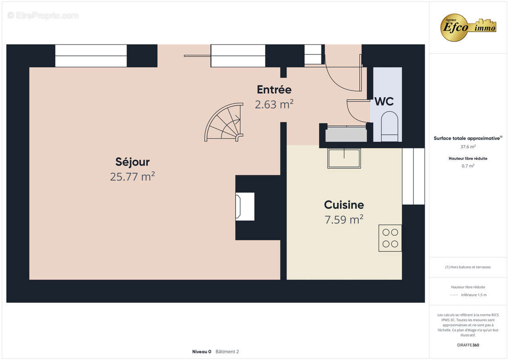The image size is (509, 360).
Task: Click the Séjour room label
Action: [x=132, y=162]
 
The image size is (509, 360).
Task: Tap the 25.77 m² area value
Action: [x=132, y=176]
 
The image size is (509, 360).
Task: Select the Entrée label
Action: [x=274, y=90]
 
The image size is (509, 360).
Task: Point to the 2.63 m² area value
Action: [x=274, y=104]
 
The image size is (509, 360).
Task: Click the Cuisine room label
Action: [x=344, y=205]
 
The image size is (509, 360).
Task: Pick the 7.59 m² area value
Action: [x=344, y=220]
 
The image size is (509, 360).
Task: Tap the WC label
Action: [x=384, y=102]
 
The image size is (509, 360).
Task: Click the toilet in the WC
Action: [x=389, y=126]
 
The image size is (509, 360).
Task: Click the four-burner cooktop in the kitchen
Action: [x=390, y=238]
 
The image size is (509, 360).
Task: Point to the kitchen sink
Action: [x=344, y=158]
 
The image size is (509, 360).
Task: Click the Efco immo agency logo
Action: [x=468, y=27]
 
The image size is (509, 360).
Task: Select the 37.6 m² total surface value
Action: [x=468, y=147]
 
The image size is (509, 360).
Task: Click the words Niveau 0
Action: [x=202, y=351]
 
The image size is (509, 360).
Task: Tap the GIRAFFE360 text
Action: [x=468, y=345]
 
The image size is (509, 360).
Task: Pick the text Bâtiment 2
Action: [x=227, y=351]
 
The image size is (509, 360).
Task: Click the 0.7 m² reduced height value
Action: [x=468, y=166]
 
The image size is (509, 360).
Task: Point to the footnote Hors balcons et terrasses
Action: [x=468, y=267]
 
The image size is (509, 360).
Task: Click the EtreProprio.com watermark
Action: [x=43, y=15]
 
